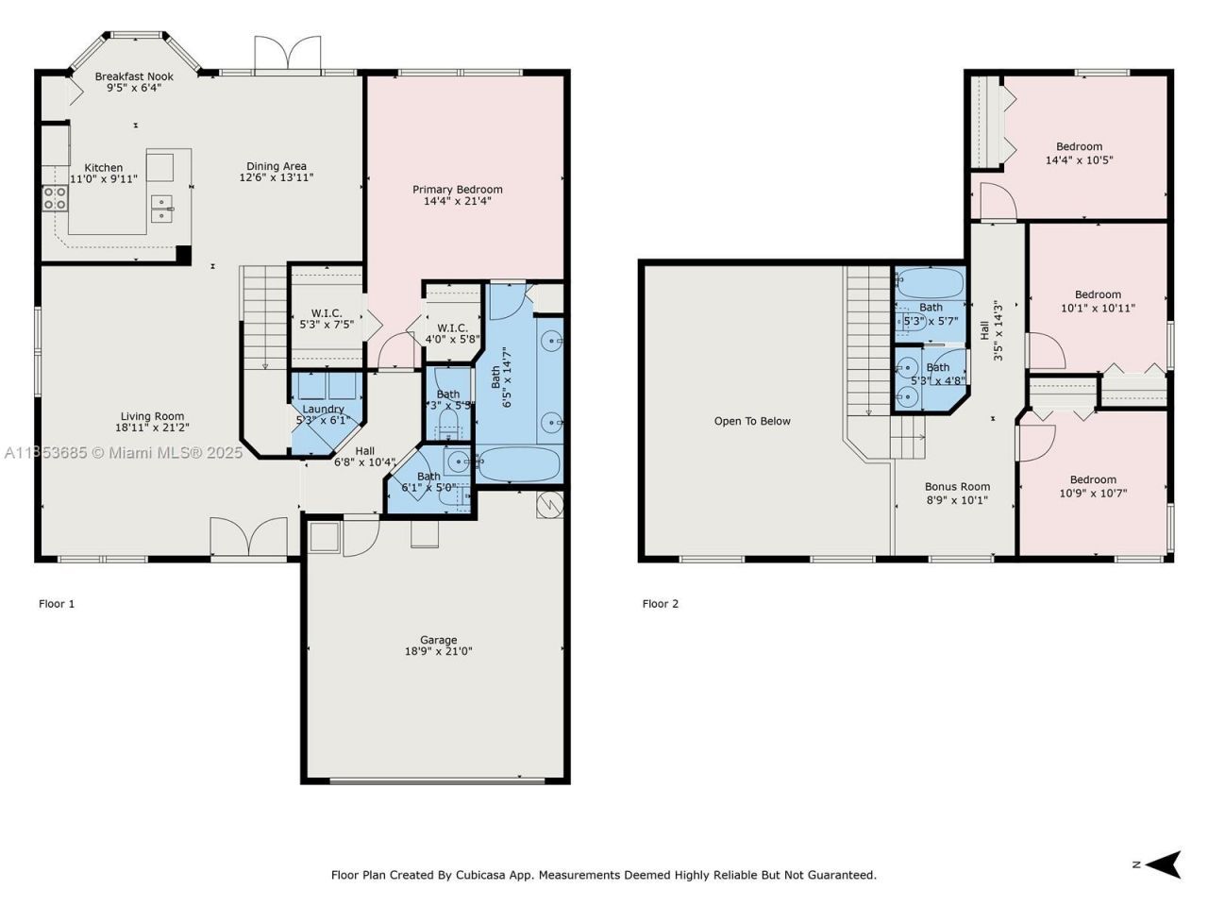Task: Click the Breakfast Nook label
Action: click(134, 76)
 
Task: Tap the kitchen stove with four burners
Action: click(55, 197)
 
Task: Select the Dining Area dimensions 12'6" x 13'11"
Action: click(276, 177)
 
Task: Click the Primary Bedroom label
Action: click(457, 190)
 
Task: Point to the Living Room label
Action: click(152, 416)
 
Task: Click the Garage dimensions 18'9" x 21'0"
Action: click(438, 651)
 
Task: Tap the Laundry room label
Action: click(323, 409)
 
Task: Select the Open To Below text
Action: click(752, 421)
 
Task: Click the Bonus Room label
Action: click(957, 487)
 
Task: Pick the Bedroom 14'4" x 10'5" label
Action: click(1079, 146)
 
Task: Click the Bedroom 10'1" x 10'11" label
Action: click(1098, 294)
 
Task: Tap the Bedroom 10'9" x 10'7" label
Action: click(1093, 479)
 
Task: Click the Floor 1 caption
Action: click(57, 604)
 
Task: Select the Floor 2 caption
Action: click(661, 604)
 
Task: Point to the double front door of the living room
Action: click(248, 538)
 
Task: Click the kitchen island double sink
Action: click(162, 209)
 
